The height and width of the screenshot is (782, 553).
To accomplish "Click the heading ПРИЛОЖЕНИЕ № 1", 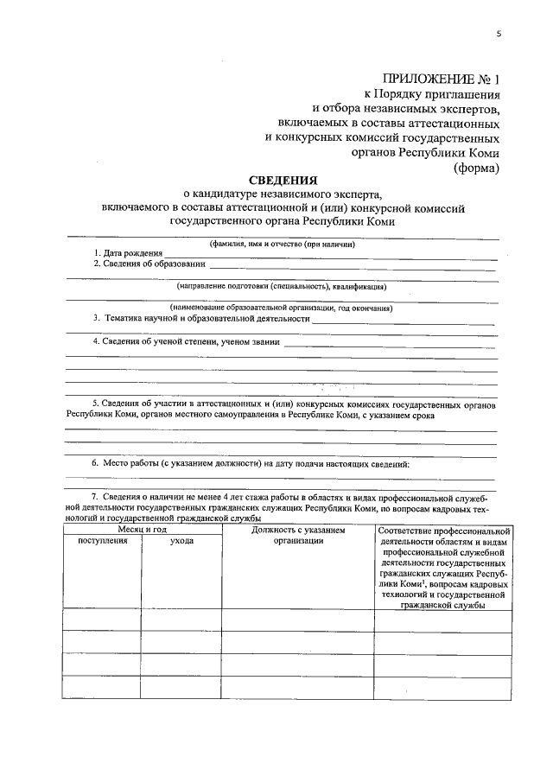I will pos(441,80).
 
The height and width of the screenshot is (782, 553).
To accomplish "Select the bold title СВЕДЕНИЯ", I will pos(283,181).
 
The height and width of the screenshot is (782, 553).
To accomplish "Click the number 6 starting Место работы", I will pos(95,464).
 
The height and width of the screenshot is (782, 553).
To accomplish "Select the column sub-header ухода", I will pos(181,540).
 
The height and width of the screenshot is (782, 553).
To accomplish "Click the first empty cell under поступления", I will pos(101,620).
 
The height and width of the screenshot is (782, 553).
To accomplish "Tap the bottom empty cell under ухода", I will pos(181,686).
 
